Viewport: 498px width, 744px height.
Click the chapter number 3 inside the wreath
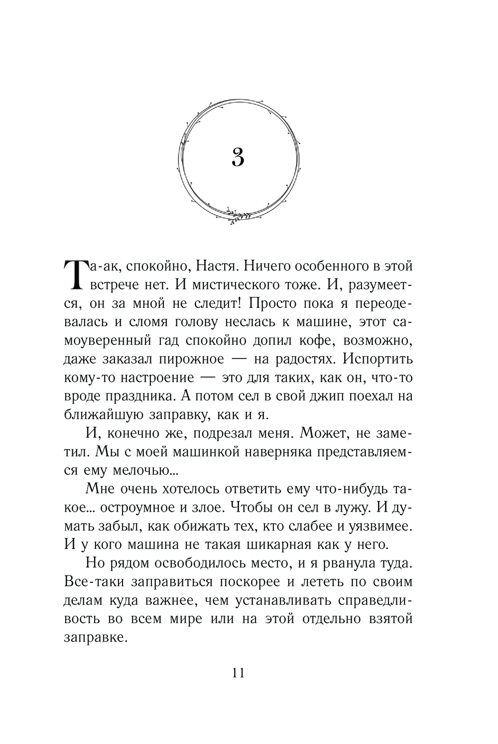click(238, 158)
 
